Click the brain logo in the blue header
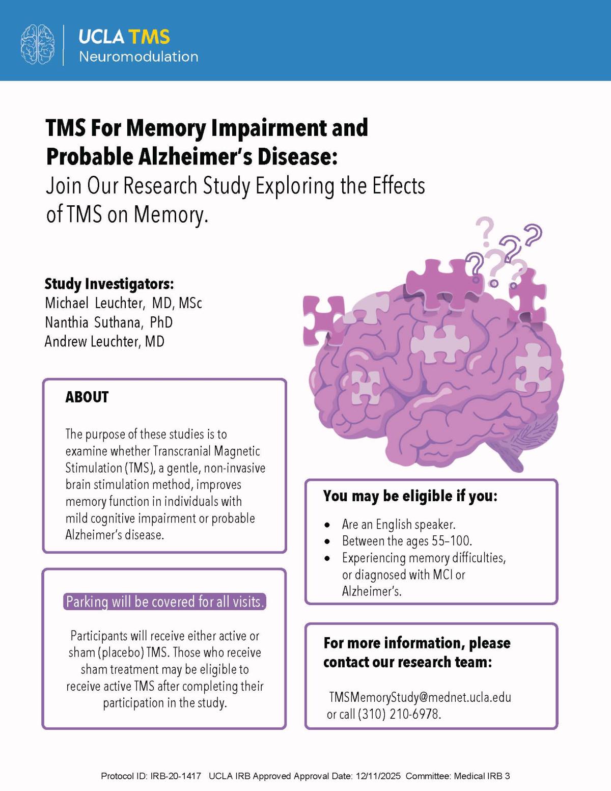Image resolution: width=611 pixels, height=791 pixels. coord(37,44)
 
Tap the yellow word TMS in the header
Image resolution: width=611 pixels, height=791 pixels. coord(149,37)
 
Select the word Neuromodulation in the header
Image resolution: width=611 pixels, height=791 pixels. coord(138,57)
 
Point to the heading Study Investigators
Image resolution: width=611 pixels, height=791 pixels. coord(109,283)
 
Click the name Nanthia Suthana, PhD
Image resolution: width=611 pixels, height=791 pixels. coord(108,322)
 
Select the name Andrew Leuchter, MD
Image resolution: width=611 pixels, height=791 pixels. coord(104,341)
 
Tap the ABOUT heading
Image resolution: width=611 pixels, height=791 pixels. coord(87,397)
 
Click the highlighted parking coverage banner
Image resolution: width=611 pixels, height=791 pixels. coord(165,602)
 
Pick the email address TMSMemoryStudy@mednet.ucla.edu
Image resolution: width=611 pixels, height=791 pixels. coord(420,697)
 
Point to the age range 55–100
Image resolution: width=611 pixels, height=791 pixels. coord(452,540)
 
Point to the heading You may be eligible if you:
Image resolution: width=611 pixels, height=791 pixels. coord(410,496)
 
